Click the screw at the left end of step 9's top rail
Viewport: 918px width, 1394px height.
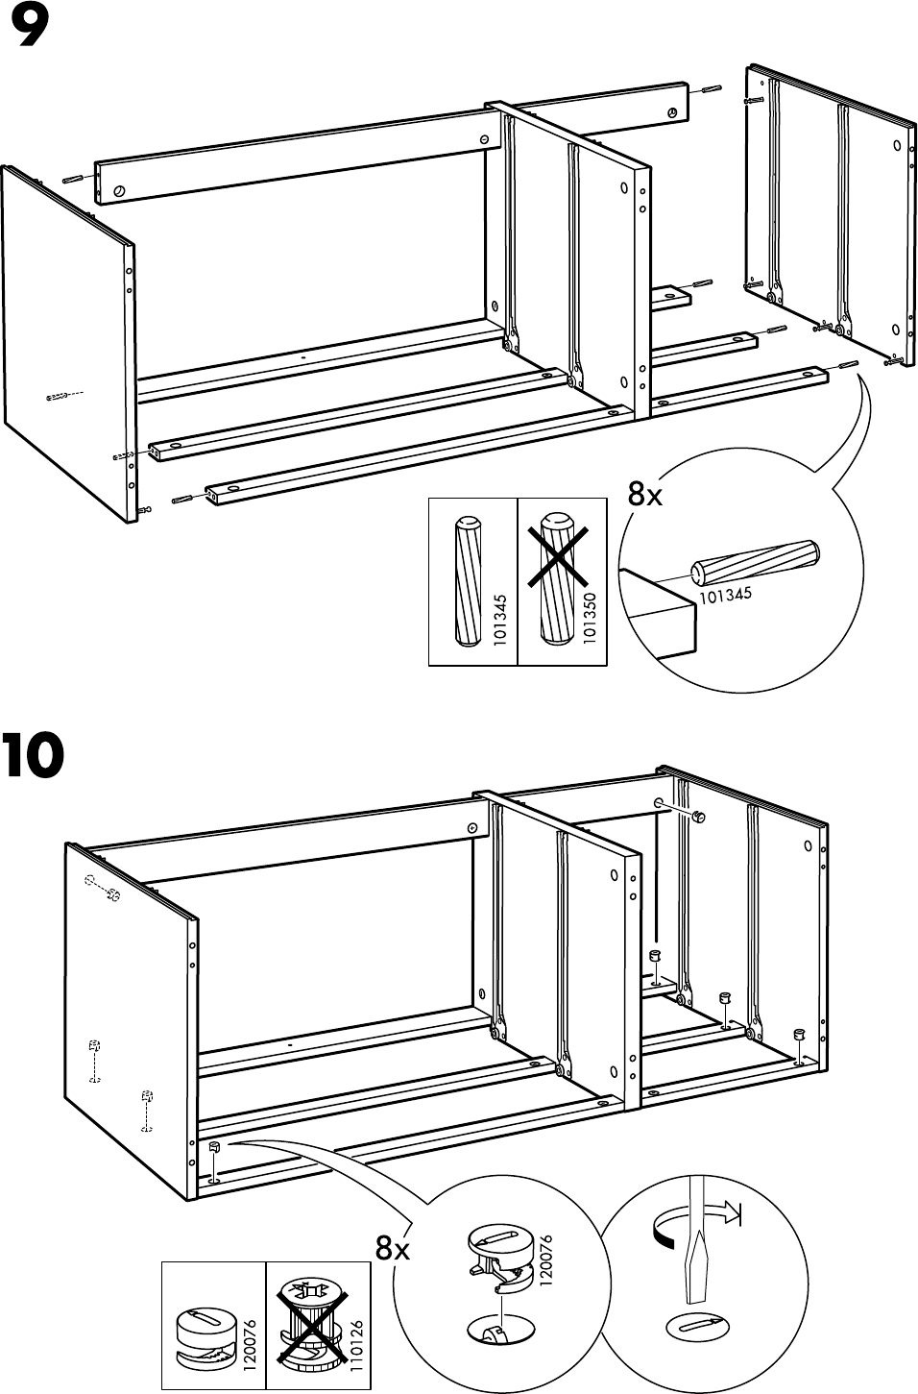click(x=119, y=190)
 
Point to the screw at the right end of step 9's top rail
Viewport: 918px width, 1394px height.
click(x=672, y=113)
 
